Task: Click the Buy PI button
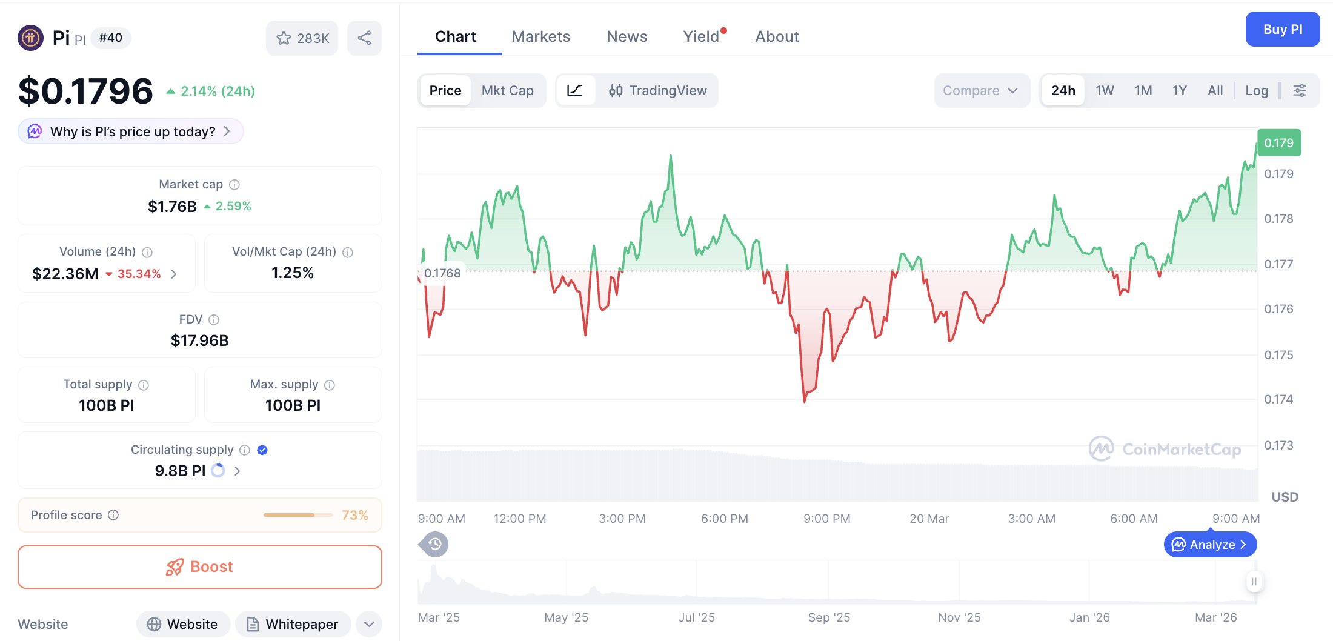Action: [1282, 29]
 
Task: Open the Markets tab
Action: [540, 36]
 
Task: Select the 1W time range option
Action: [1105, 90]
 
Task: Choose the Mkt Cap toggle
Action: [507, 90]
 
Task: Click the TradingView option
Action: [658, 90]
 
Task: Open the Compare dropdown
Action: [980, 90]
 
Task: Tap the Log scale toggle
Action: [1257, 90]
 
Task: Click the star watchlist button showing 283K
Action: [302, 38]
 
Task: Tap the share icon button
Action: [364, 38]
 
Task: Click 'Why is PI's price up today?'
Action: [131, 131]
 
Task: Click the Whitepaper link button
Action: [293, 624]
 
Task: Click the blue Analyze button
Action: [1209, 545]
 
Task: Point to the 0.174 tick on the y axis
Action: [1278, 399]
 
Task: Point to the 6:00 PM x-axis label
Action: [724, 519]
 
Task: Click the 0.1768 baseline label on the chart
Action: [442, 273]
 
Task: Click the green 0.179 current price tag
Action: [1278, 143]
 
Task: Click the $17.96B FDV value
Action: [199, 340]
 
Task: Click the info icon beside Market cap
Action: [234, 184]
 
